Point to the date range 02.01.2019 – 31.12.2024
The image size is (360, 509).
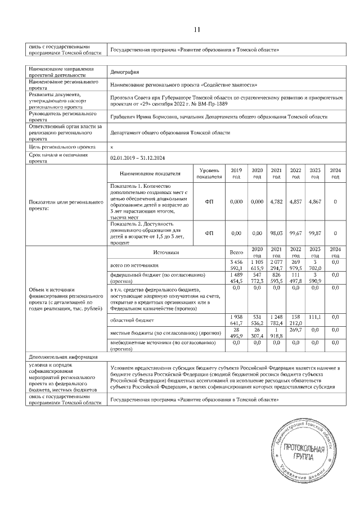142,158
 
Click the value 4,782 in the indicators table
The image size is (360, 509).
276,201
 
